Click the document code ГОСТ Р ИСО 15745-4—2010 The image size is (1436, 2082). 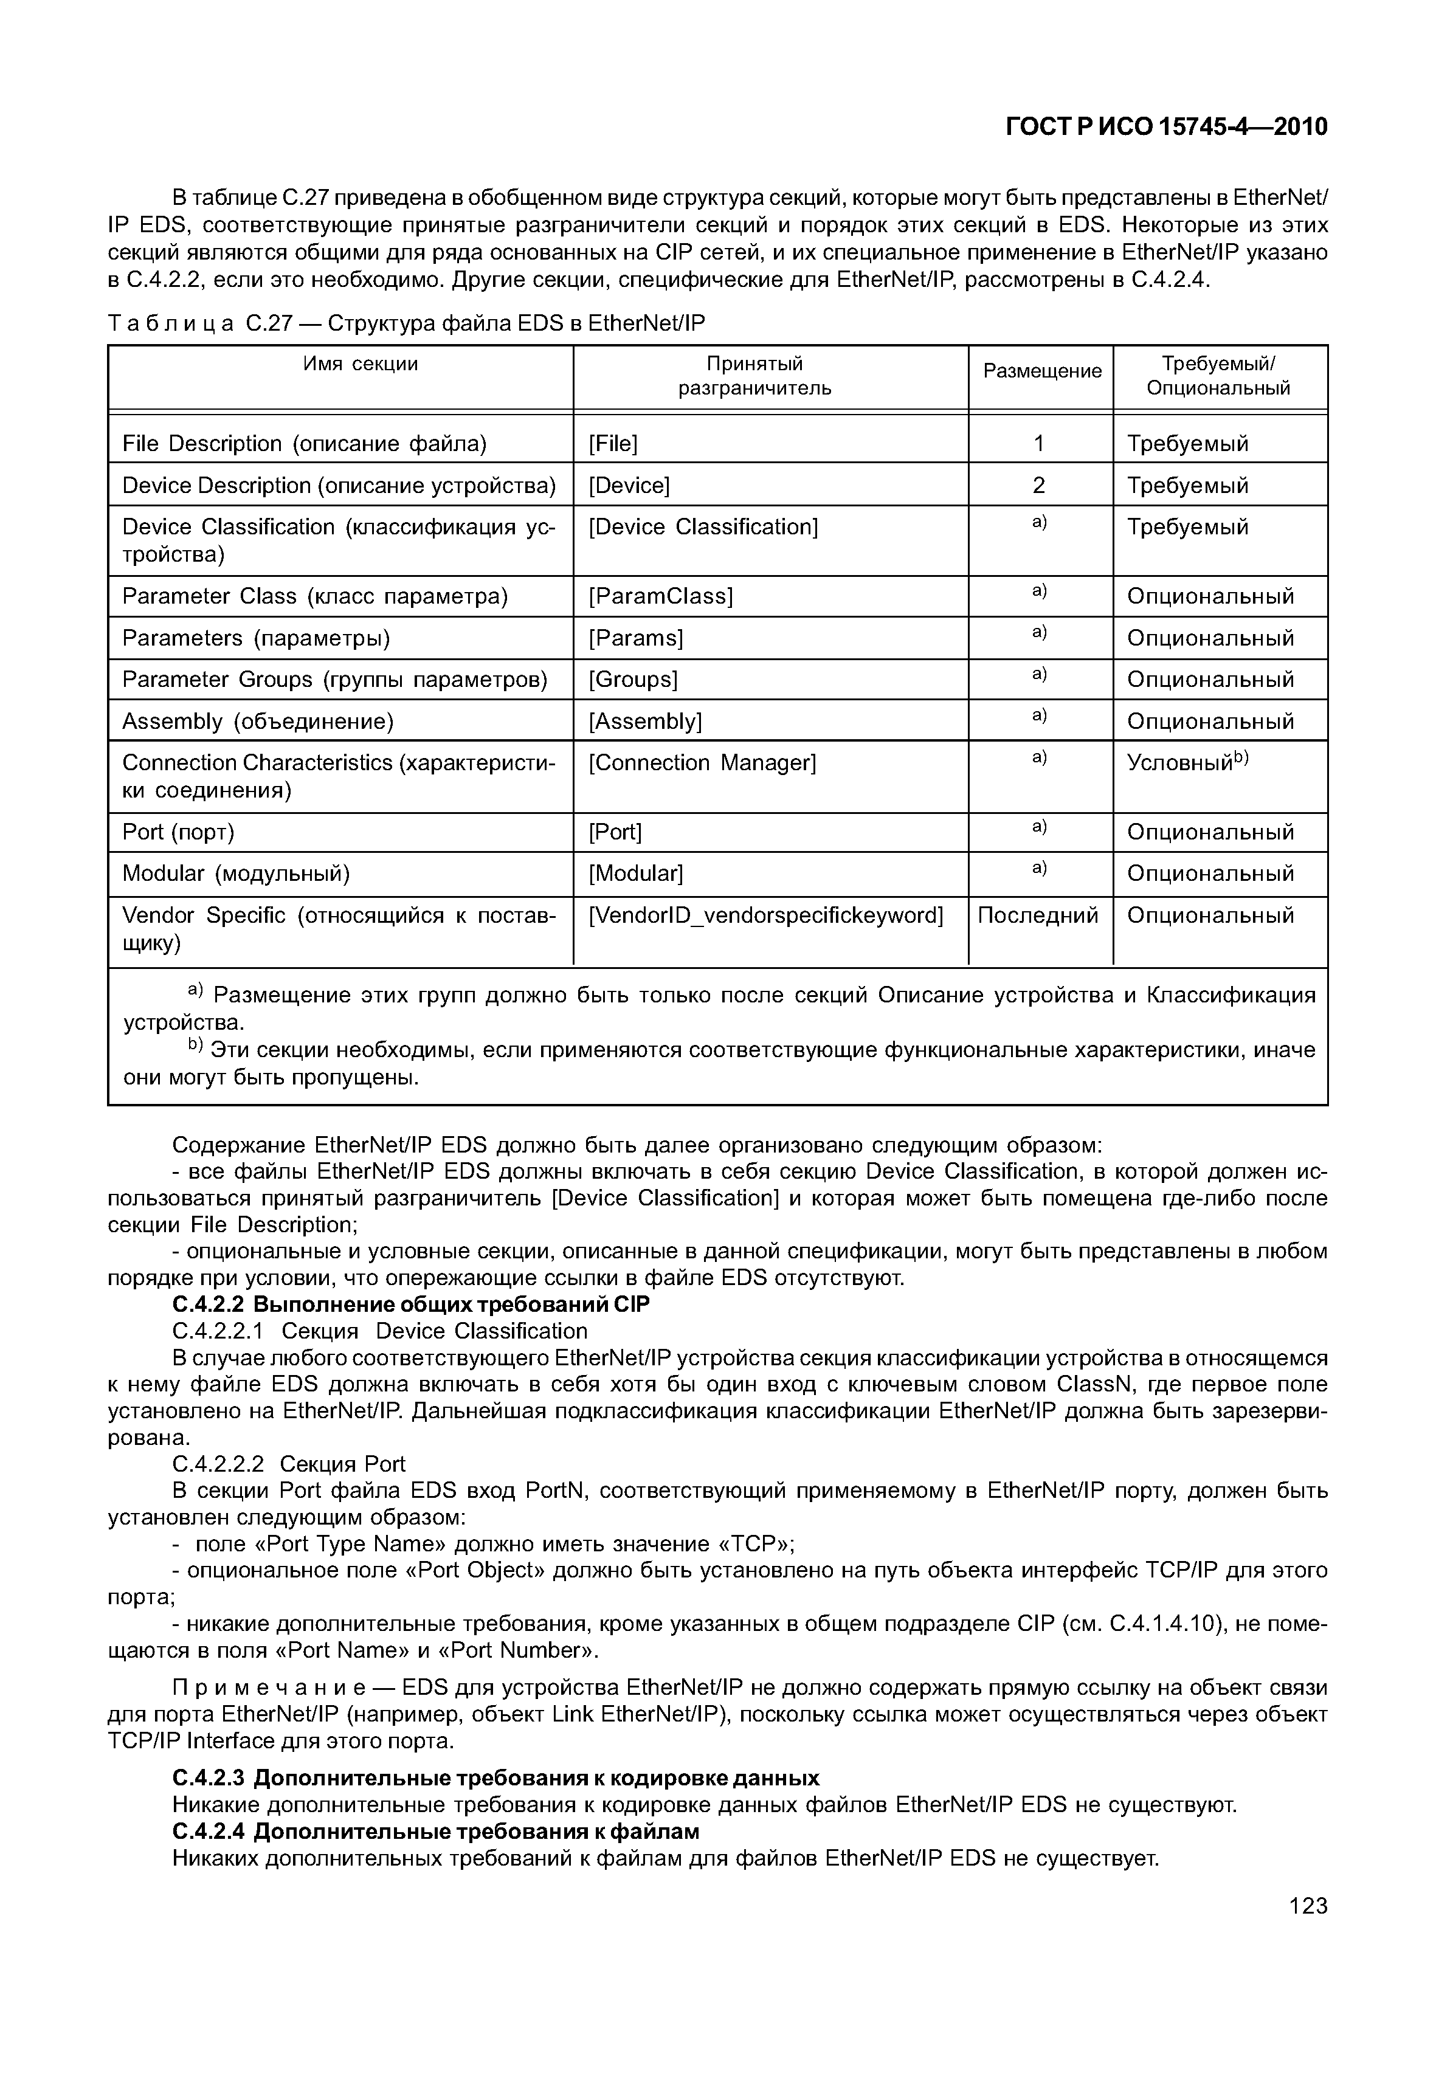coord(1165,127)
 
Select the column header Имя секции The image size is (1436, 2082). coord(360,364)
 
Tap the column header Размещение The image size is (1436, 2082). coord(1041,371)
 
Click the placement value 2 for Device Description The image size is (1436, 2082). coord(1038,486)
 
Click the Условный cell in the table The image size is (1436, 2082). coord(1188,763)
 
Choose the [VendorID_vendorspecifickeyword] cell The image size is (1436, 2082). coord(765,916)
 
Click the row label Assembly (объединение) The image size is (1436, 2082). coord(258,722)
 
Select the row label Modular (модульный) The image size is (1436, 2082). coord(236,874)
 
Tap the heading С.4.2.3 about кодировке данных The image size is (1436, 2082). coord(495,1778)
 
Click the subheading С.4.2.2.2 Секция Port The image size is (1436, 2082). coord(289,1464)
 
